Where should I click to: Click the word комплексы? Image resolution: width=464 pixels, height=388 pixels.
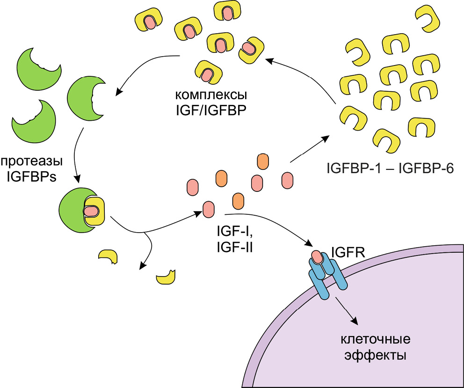pyautogui.click(x=211, y=95)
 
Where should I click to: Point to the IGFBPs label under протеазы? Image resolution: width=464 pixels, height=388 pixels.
pyautogui.click(x=31, y=178)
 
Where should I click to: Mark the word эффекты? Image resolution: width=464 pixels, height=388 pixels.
pyautogui.click(x=375, y=354)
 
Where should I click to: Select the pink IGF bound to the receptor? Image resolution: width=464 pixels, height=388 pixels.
pyautogui.click(x=317, y=256)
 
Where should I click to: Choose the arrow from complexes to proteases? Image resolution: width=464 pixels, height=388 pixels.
pyautogui.click(x=145, y=66)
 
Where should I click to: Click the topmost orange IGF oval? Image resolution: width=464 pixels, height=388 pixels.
pyautogui.click(x=263, y=161)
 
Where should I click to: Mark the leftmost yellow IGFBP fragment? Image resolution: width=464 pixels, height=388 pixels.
pyautogui.click(x=107, y=256)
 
